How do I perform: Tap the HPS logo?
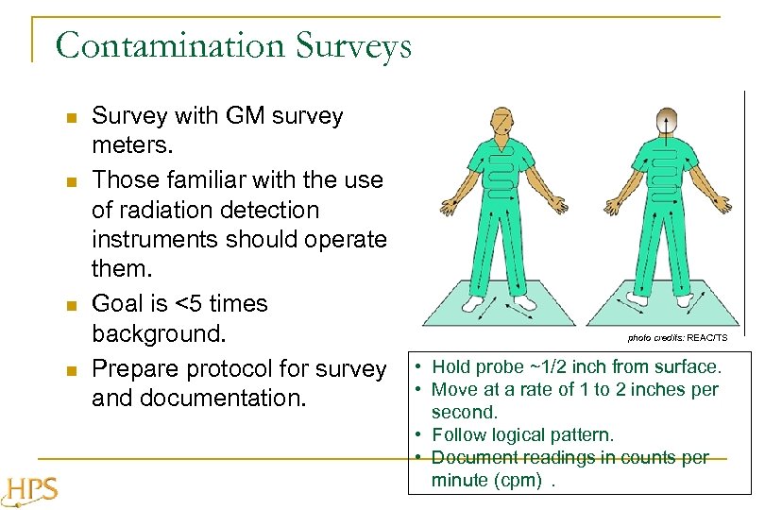point(30,489)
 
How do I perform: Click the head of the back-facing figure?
point(667,122)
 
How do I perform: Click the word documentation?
point(224,398)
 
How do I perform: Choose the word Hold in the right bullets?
point(451,366)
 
